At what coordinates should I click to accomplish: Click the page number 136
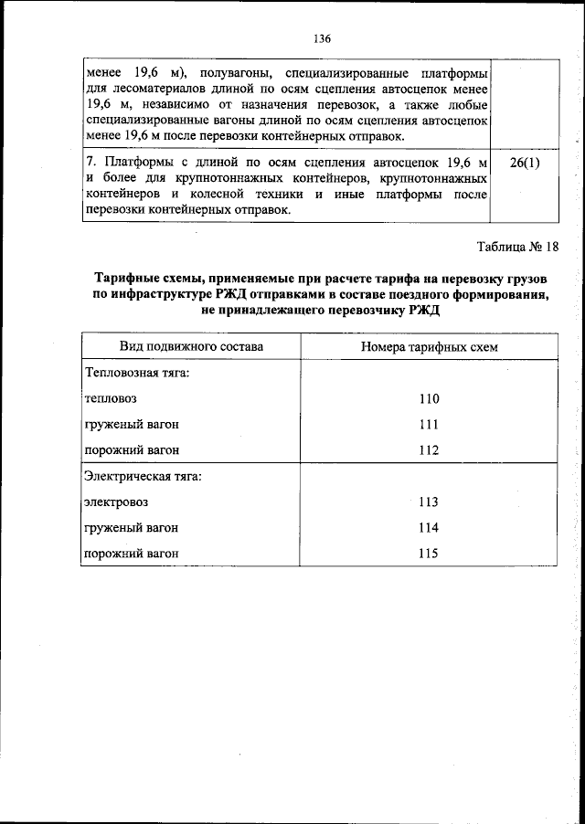[321, 39]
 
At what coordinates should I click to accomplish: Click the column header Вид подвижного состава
[191, 347]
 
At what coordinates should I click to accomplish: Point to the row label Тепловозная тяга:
[137, 374]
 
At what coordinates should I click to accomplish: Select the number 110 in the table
[428, 399]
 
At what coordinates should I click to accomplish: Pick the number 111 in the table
[428, 425]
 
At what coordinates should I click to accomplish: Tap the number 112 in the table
[428, 450]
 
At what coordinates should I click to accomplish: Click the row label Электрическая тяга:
[143, 476]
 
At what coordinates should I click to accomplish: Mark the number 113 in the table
[428, 502]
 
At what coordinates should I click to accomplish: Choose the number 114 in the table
[428, 528]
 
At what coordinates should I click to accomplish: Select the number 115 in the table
[428, 554]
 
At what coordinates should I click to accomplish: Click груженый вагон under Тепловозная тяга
[131, 425]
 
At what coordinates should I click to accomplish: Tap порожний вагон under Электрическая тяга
[131, 554]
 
